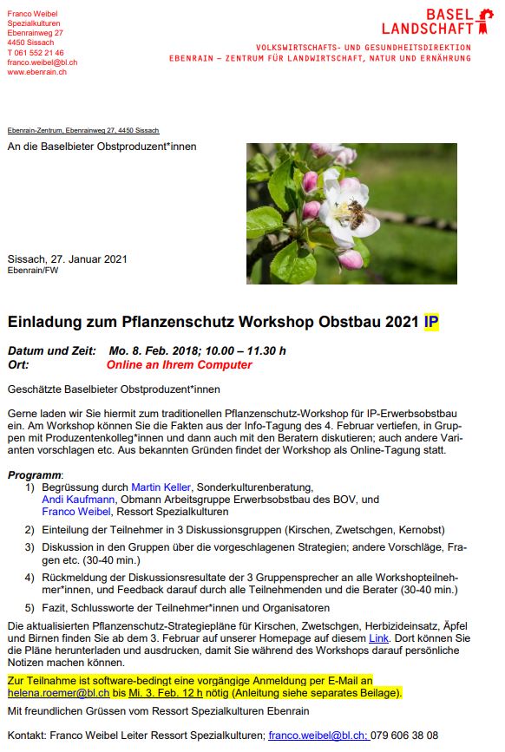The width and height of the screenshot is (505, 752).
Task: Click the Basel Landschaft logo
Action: pos(452,21)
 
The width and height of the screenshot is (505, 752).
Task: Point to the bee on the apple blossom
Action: pos(356,212)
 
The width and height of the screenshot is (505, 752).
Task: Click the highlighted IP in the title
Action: pos(431,322)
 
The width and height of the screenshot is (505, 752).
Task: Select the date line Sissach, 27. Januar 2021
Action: pos(68,258)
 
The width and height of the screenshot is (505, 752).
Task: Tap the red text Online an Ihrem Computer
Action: pos(179,365)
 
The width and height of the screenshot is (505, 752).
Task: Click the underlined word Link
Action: pos(378,638)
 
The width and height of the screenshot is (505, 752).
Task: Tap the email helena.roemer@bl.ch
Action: pos(58,694)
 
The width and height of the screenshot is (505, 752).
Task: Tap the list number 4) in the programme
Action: pos(30,577)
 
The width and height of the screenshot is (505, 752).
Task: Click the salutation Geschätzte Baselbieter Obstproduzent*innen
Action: pos(114,389)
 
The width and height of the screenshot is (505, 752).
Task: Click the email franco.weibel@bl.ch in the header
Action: pos(42,62)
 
